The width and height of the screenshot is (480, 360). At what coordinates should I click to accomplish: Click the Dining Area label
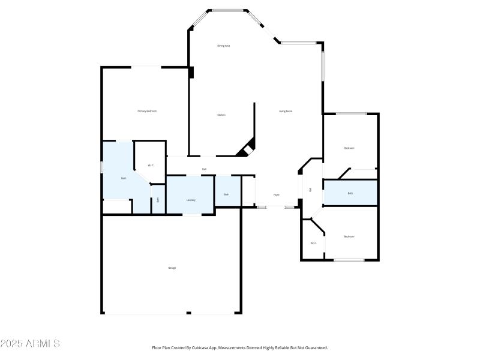[223, 46]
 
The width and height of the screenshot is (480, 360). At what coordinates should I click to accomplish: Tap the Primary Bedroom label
[147, 111]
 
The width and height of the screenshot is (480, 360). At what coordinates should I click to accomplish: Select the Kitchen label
[221, 115]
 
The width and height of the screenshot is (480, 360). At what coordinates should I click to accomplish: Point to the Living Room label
[286, 111]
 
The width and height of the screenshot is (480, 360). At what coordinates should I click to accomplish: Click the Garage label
[172, 268]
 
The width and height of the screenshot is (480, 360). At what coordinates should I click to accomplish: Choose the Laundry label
[191, 200]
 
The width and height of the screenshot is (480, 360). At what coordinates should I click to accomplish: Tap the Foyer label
[277, 194]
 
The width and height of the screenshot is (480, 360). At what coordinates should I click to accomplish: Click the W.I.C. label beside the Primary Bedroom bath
[151, 166]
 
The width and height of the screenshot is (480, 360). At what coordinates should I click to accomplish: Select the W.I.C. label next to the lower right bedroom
[313, 243]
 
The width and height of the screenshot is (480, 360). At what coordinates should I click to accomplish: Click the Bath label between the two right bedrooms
[350, 193]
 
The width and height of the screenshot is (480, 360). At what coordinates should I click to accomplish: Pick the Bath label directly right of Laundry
[227, 194]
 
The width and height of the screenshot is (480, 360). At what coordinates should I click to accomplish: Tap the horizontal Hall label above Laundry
[204, 169]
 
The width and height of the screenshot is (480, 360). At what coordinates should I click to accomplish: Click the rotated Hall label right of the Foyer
[310, 190]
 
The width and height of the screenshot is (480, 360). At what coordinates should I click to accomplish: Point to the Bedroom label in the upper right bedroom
[349, 148]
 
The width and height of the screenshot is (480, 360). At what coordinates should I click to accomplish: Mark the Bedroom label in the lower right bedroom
[349, 236]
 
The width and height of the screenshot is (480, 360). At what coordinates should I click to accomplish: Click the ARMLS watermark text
[30, 344]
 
